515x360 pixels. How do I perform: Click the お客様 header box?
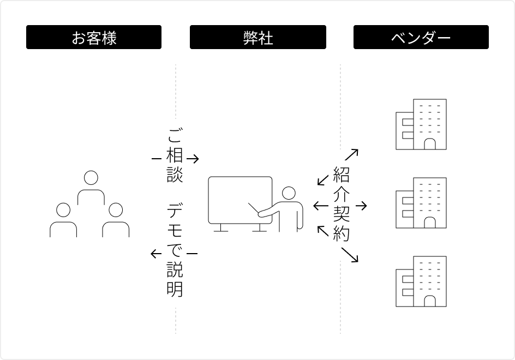tap(94, 37)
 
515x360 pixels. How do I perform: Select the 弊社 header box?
tap(257, 37)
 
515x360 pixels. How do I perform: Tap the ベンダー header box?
tap(421, 37)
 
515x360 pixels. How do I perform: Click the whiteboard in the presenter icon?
tap(240, 200)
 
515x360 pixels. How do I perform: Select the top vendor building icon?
tap(421, 124)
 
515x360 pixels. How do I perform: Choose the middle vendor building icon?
tap(421, 202)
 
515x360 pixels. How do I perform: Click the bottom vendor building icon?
tap(421, 281)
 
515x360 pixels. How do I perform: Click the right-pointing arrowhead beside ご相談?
tap(195, 159)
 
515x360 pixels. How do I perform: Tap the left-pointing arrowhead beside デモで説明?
tap(154, 253)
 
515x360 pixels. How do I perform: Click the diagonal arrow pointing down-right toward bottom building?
tap(350, 255)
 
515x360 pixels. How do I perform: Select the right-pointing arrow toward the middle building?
tap(363, 206)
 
